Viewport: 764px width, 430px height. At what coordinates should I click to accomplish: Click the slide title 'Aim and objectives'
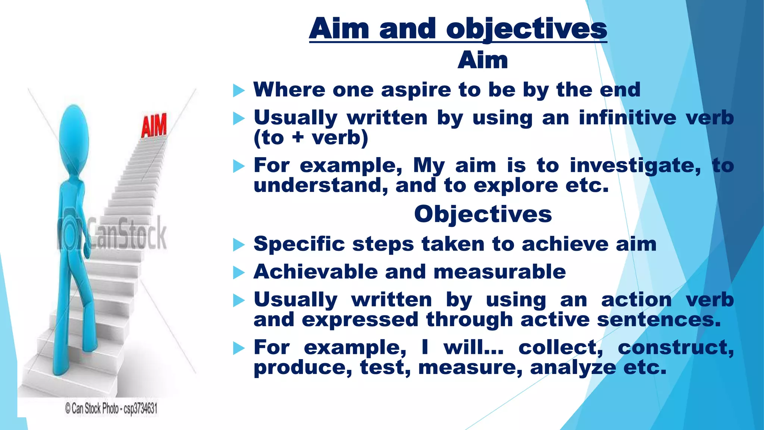pos(458,29)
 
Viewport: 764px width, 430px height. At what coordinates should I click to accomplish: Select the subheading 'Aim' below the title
pos(483,60)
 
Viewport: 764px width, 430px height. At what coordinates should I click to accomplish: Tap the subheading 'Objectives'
pos(483,215)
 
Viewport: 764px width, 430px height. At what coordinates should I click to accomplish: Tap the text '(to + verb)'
pos(311,138)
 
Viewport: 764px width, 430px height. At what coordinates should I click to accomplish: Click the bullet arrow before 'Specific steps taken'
pos(239,245)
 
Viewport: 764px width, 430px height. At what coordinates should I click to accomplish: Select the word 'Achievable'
pos(315,272)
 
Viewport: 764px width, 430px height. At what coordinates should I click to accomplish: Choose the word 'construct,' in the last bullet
pos(676,348)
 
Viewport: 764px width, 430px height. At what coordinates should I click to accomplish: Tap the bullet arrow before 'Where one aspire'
pos(239,90)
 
